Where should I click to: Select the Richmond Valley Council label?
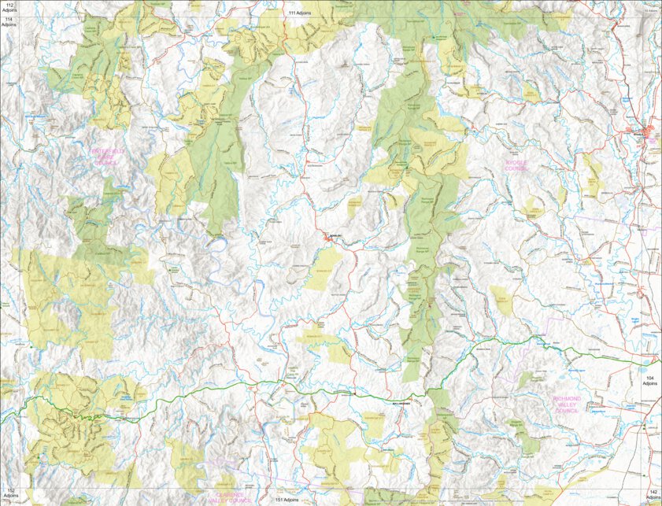(566, 404)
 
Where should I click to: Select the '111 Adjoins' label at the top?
(299, 13)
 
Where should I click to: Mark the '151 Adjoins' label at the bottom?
(285, 500)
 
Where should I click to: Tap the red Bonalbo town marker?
(328, 237)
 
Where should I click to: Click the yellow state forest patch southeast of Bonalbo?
(324, 268)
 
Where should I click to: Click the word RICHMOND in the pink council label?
(566, 399)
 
